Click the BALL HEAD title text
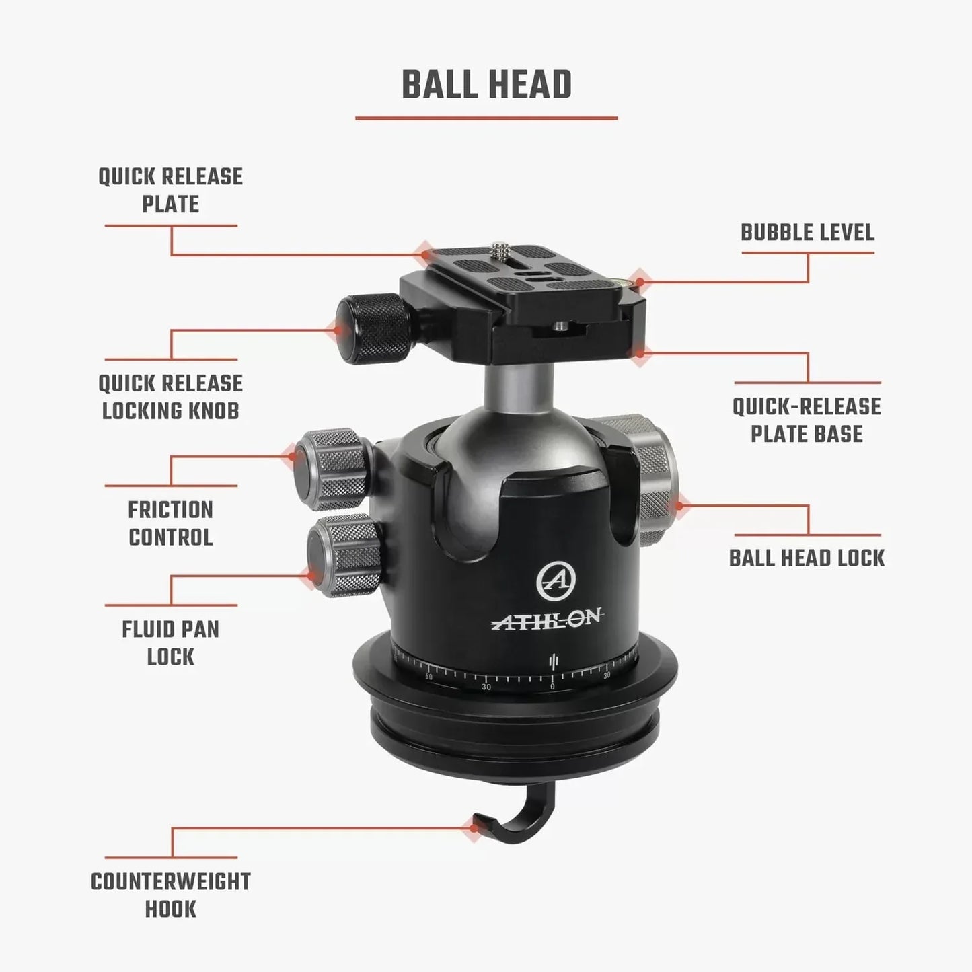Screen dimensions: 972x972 tap(486, 85)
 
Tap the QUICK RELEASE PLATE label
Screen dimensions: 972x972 tap(170, 190)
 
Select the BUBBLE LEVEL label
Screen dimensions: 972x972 tap(807, 233)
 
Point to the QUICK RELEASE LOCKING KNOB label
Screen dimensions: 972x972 tap(170, 397)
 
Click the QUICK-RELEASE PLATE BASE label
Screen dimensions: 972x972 tap(807, 420)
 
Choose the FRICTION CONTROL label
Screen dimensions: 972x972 tap(170, 523)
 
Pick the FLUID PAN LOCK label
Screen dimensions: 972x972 tap(170, 643)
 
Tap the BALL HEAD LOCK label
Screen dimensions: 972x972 tap(807, 558)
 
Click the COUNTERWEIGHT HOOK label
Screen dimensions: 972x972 tap(170, 895)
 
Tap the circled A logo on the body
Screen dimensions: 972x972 tap(555, 580)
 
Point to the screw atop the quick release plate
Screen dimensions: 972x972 tap(500, 250)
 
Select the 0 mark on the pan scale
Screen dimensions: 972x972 tap(552, 687)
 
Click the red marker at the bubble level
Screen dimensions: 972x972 tap(640, 281)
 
